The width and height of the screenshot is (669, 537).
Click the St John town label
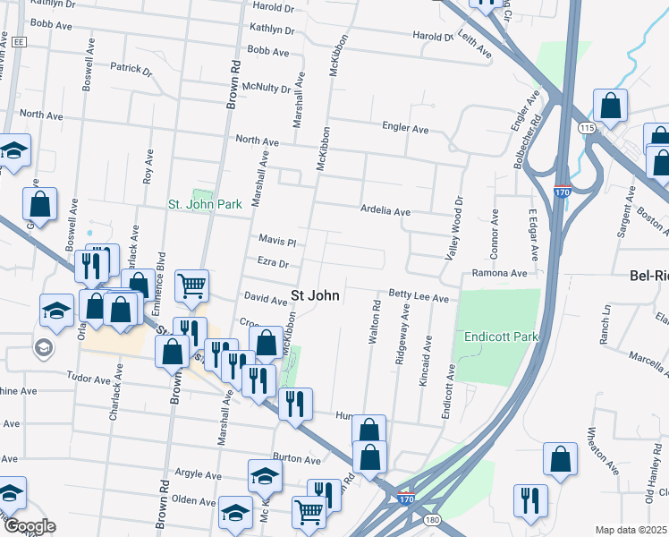pos(316,296)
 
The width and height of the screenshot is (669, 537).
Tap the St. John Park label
pos(206,204)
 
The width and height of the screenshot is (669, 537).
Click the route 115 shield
pos(586,129)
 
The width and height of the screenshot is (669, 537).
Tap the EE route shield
pos(19,41)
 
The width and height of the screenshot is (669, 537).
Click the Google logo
pos(29,525)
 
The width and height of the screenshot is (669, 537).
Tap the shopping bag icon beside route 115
pos(610,106)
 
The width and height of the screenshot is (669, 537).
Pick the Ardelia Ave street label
pos(385,212)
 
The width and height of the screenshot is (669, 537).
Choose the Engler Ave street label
pos(405,129)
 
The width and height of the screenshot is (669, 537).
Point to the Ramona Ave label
pos(500,273)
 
